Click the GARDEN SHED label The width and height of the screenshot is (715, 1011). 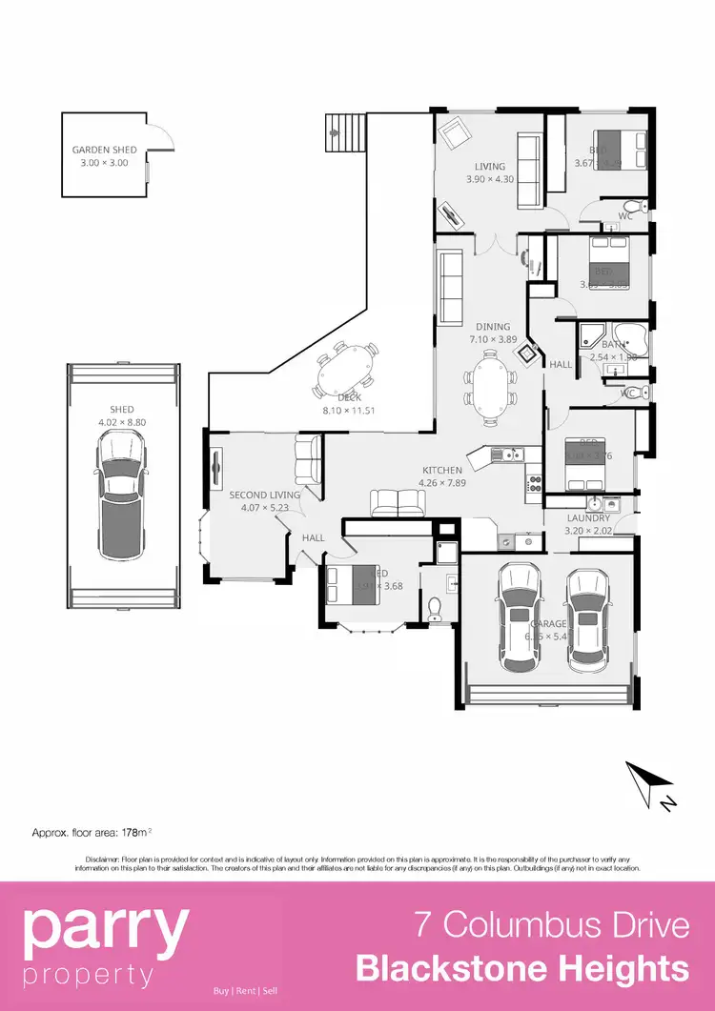[x=105, y=150]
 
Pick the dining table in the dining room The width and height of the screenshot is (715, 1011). [x=490, y=379]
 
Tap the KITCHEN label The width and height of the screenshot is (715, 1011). [x=442, y=470]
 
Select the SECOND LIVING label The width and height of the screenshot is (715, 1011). [x=264, y=495]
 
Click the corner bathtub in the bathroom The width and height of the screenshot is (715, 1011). [x=632, y=344]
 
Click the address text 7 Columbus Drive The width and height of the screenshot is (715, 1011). [x=551, y=925]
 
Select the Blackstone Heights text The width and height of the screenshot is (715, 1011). [x=522, y=969]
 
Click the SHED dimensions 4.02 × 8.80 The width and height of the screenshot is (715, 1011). [x=121, y=422]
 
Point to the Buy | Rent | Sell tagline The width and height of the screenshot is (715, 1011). [x=245, y=991]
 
